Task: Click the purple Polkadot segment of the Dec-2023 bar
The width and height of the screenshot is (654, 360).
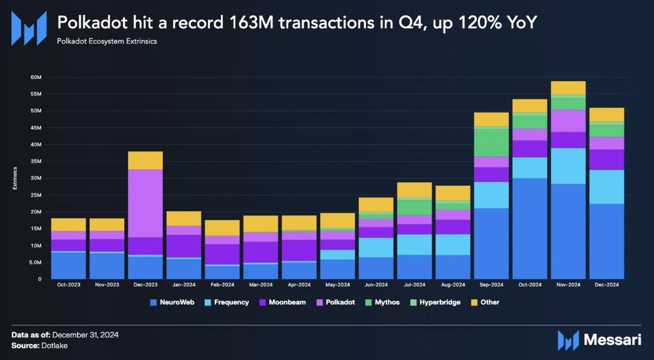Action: pos(144,203)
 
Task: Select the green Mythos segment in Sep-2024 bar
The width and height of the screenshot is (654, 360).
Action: pos(492,143)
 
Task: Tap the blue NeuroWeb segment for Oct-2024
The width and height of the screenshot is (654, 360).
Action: pos(530,229)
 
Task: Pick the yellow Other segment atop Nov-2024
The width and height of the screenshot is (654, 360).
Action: pos(568,88)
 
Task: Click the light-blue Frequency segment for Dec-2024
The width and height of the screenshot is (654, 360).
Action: pos(607,187)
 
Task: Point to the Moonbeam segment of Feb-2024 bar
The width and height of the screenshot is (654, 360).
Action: pos(222,254)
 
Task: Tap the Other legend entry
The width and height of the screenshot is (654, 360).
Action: pos(486,302)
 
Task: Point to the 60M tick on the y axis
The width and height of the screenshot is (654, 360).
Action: pos(35,77)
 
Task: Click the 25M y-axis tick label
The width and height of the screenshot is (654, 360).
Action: pos(35,195)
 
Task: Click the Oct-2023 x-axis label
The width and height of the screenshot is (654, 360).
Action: pos(68,285)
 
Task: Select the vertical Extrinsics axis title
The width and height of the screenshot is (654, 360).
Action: pos(15,178)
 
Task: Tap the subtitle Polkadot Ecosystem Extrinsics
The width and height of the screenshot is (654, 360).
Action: pos(106,41)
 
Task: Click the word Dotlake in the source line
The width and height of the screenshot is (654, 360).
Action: pos(53,345)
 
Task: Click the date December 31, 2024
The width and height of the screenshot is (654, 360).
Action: pos(84,334)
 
